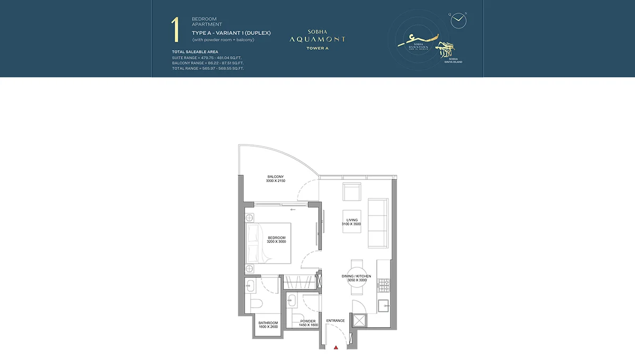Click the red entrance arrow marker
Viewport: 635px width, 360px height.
tap(335, 347)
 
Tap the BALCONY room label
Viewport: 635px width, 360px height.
tap(275, 177)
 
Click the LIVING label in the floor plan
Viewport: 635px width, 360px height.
tap(352, 220)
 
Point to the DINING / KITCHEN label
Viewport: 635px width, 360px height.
tap(356, 276)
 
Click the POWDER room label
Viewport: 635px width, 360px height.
tap(307, 321)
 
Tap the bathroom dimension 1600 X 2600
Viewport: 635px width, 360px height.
tap(268, 327)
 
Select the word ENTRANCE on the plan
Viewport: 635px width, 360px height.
tap(335, 320)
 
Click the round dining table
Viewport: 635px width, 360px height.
tap(356, 277)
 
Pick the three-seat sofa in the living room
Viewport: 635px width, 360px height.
tap(378, 223)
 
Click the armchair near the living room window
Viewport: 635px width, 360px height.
tap(352, 192)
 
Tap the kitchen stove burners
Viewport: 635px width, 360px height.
tap(383, 286)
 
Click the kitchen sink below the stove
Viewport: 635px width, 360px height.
tap(383, 305)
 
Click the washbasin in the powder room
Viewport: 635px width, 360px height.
tap(291, 300)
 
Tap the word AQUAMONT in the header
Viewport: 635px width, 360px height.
tap(317, 39)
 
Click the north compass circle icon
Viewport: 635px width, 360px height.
tap(458, 20)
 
